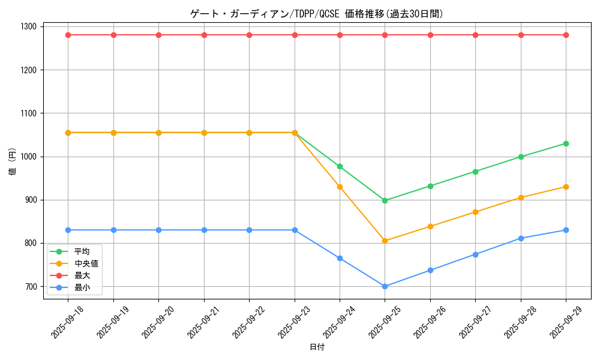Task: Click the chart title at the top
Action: [x=316, y=14]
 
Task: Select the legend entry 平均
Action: [x=82, y=251]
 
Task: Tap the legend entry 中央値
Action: [x=86, y=263]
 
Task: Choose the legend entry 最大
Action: [x=82, y=275]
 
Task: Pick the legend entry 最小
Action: [x=82, y=287]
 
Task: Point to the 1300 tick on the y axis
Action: [x=29, y=26]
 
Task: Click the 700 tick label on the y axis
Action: [x=31, y=287]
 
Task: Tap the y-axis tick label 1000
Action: [x=29, y=157]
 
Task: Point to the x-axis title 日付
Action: [x=317, y=347]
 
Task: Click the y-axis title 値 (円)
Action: [x=13, y=163]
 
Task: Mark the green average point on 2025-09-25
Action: [x=385, y=200]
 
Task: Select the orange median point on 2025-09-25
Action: [x=385, y=241]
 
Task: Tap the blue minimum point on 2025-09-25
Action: [x=385, y=286]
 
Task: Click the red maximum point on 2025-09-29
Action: [x=566, y=35]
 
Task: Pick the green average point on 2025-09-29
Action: [x=566, y=143]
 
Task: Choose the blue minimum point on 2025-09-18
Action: [x=68, y=230]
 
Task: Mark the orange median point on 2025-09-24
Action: [x=340, y=187]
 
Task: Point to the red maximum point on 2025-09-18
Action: [x=68, y=35]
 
